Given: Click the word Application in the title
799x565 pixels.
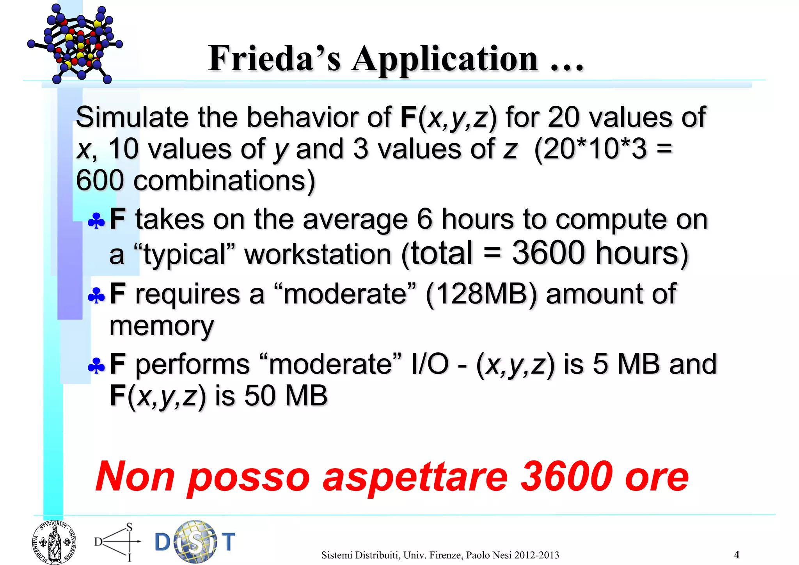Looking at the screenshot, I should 445,59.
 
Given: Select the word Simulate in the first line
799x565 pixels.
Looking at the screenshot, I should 132,117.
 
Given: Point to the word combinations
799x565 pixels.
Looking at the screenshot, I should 224,181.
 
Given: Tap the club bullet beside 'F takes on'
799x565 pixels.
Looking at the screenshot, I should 96,221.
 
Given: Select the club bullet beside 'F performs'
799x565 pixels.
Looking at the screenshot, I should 96,366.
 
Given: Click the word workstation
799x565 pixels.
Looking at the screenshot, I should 318,254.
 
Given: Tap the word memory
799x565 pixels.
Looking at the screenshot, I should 162,326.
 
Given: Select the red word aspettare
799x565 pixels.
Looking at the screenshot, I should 415,477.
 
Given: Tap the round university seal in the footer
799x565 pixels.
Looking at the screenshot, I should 54,542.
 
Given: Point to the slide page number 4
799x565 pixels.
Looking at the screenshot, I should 737,555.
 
